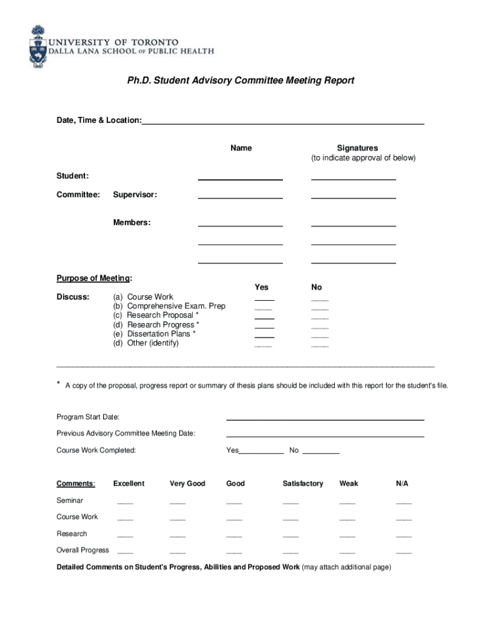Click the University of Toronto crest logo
(37, 46)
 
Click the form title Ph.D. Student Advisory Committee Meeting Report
(240, 80)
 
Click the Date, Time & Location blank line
(282, 124)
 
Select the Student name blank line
(240, 179)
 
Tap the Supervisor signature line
(353, 197)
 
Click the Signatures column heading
(357, 148)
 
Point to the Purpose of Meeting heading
(94, 278)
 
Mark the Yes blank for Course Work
(264, 300)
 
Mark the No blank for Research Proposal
(319, 318)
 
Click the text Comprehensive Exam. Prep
(176, 306)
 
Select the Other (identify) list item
(152, 343)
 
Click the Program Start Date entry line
(325, 419)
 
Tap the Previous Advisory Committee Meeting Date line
(325, 436)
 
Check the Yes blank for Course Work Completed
(261, 452)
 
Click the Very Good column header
(187, 484)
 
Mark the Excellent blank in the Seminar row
(125, 502)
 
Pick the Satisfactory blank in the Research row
(290, 535)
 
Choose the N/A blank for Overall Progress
(404, 552)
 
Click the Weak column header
(349, 484)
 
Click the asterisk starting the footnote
(59, 384)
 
